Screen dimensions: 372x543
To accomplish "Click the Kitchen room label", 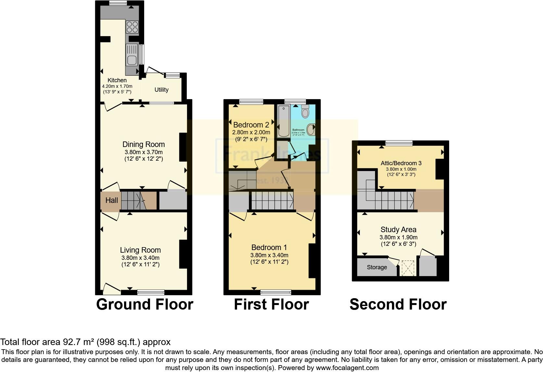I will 117,80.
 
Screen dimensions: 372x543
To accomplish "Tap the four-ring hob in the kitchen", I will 132,26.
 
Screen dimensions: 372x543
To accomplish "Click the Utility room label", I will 161,90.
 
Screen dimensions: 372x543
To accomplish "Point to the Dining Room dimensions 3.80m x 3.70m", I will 143,152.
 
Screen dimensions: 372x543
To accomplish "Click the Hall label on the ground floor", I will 111,200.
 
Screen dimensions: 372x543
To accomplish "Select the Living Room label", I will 140,250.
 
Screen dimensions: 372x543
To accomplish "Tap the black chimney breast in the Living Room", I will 183,254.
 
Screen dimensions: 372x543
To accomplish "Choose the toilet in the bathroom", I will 305,112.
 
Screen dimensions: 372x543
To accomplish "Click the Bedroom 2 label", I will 251,125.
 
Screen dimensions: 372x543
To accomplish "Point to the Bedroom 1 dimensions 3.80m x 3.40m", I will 269,255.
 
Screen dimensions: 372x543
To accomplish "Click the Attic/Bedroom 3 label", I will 401,163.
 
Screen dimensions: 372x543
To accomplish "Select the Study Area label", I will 398,230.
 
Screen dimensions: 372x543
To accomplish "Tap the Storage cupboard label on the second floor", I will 377,267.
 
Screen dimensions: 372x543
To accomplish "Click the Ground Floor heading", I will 145,304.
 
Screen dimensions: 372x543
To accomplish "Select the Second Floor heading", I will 398,304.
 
